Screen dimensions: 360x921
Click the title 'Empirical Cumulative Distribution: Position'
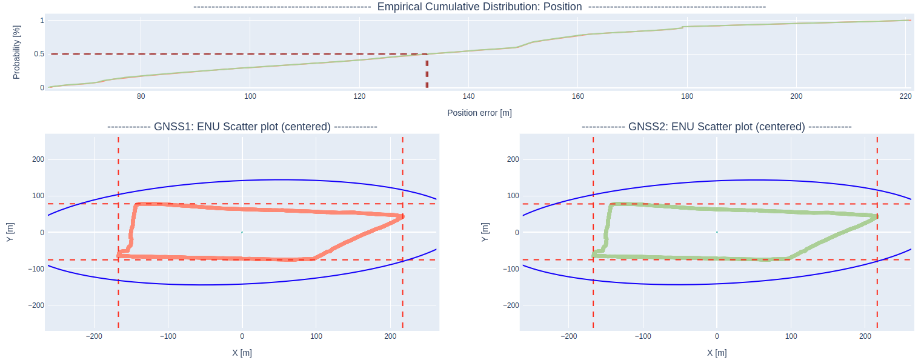point(479,7)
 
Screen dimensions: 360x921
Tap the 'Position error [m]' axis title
point(479,113)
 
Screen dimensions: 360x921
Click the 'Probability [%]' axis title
point(17,52)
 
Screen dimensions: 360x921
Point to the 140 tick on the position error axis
point(468,96)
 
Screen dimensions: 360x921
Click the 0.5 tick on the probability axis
point(39,54)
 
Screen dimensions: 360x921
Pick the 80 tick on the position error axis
point(141,96)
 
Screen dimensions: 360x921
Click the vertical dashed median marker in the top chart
point(427,73)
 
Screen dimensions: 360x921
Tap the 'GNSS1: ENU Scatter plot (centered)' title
point(242,127)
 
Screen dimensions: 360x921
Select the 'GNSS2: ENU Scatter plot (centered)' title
point(717,127)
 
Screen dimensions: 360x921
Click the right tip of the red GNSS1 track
point(402,216)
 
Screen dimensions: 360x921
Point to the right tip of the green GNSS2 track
point(877,216)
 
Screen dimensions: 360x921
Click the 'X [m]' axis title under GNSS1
point(242,353)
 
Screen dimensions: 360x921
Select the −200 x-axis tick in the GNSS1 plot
point(94,336)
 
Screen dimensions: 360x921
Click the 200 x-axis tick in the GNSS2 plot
point(865,336)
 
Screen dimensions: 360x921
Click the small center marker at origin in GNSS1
point(242,232)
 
